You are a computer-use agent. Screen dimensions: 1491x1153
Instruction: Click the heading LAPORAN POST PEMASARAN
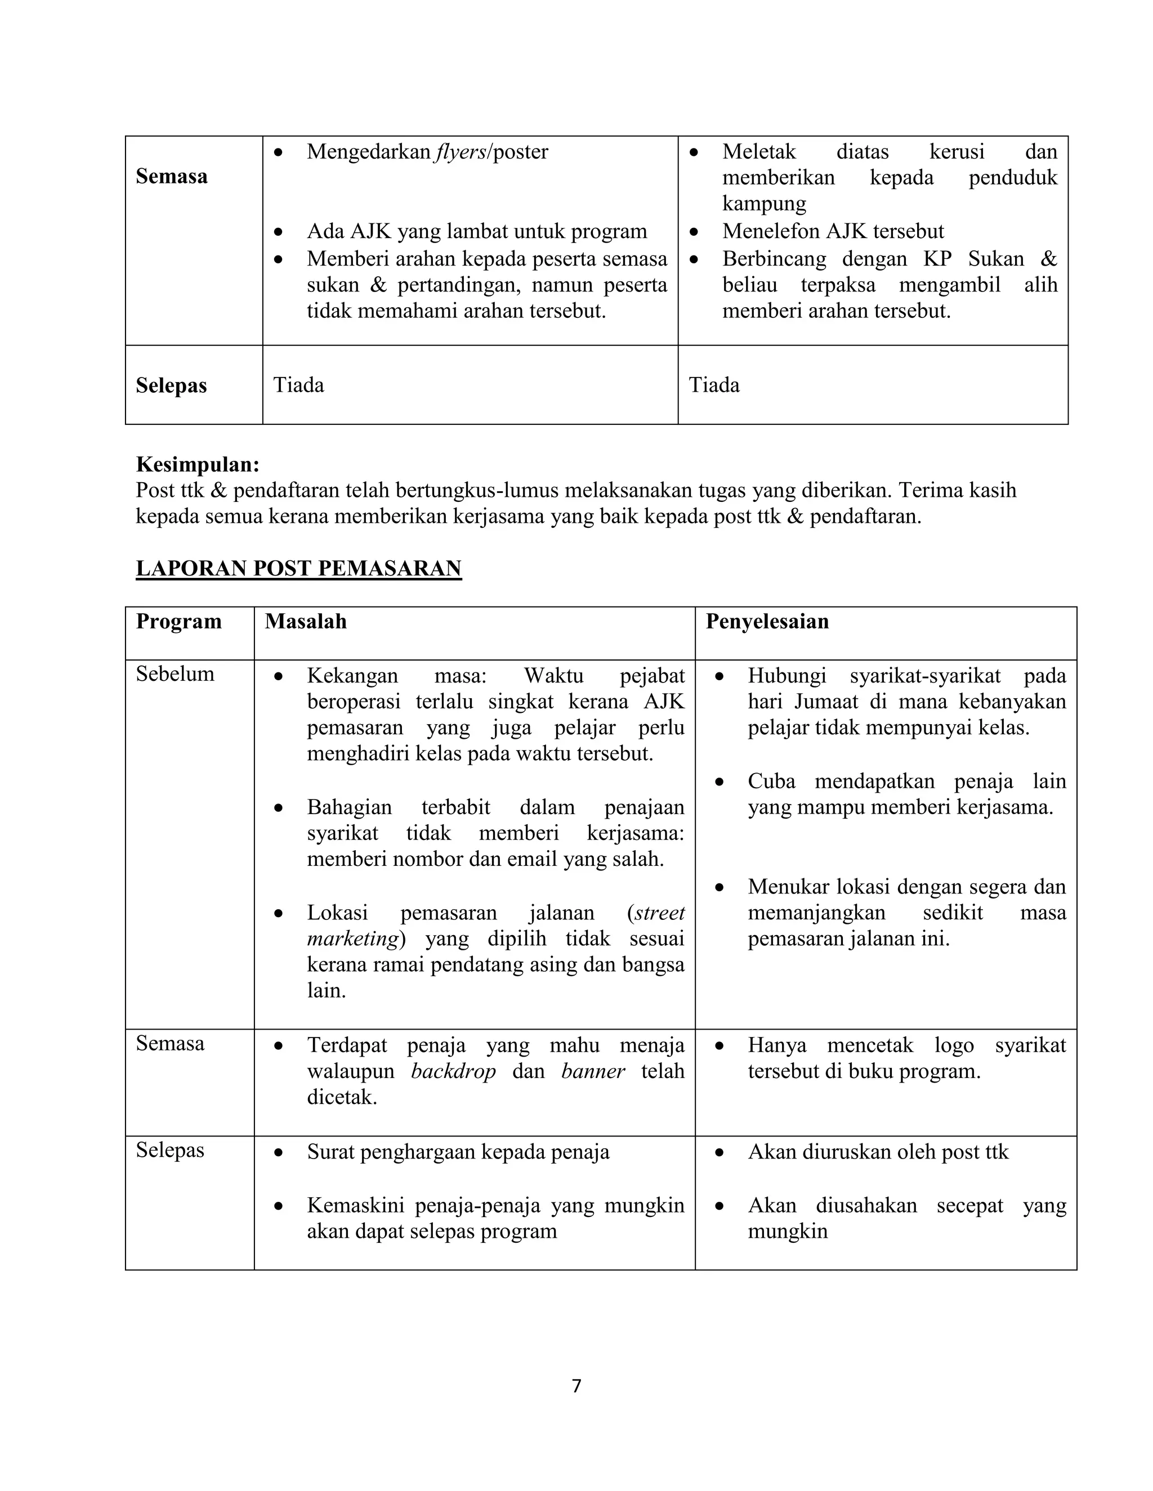(298, 568)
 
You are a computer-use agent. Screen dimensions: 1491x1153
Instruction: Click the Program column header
(178, 621)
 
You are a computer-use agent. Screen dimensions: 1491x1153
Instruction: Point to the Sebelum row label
(175, 674)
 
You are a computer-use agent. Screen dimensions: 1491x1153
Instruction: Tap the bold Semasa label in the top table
(172, 176)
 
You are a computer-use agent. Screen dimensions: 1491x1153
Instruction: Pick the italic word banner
(592, 1071)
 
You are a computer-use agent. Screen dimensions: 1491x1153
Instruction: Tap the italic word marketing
(352, 938)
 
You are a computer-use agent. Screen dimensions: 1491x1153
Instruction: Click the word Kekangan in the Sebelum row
(352, 676)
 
